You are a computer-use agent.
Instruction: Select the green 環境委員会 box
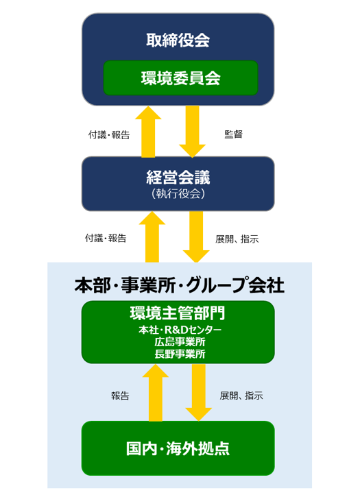point(180,78)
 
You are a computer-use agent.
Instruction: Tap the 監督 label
point(234,134)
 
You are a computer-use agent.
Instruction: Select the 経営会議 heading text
point(178,177)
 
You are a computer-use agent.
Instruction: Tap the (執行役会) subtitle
point(178,194)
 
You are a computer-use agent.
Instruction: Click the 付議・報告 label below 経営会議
point(106,239)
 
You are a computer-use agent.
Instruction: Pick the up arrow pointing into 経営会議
point(152,237)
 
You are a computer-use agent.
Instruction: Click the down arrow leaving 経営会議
point(196,237)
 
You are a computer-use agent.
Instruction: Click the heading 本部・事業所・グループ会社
point(179,284)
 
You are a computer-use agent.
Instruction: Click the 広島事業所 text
point(178,342)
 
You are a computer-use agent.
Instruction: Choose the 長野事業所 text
point(178,354)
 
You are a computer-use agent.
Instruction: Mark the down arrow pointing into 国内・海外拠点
point(198,393)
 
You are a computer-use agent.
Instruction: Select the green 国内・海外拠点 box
point(178,448)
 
